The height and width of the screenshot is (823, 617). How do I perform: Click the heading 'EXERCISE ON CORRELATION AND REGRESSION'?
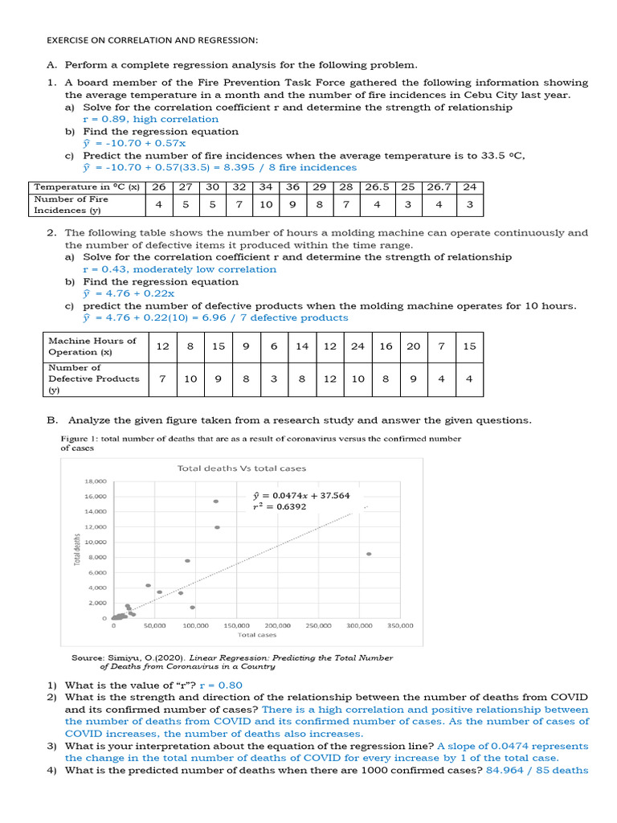152,40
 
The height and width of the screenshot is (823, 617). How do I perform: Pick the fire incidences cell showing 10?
266,204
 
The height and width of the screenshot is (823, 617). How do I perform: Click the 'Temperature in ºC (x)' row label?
87,186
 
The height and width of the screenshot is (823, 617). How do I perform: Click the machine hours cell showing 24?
358,346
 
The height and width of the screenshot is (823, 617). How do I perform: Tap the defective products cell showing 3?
274,379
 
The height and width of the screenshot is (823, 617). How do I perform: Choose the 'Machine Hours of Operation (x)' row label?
92,346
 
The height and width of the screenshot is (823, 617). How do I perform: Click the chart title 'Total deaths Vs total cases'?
241,468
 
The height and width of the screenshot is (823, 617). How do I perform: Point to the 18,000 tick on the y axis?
96,481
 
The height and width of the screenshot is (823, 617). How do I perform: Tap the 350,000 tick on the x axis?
400,624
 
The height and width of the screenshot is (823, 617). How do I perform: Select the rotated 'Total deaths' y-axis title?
78,550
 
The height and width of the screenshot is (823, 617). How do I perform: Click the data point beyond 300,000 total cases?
369,554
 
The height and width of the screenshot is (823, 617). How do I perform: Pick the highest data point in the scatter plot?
216,502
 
